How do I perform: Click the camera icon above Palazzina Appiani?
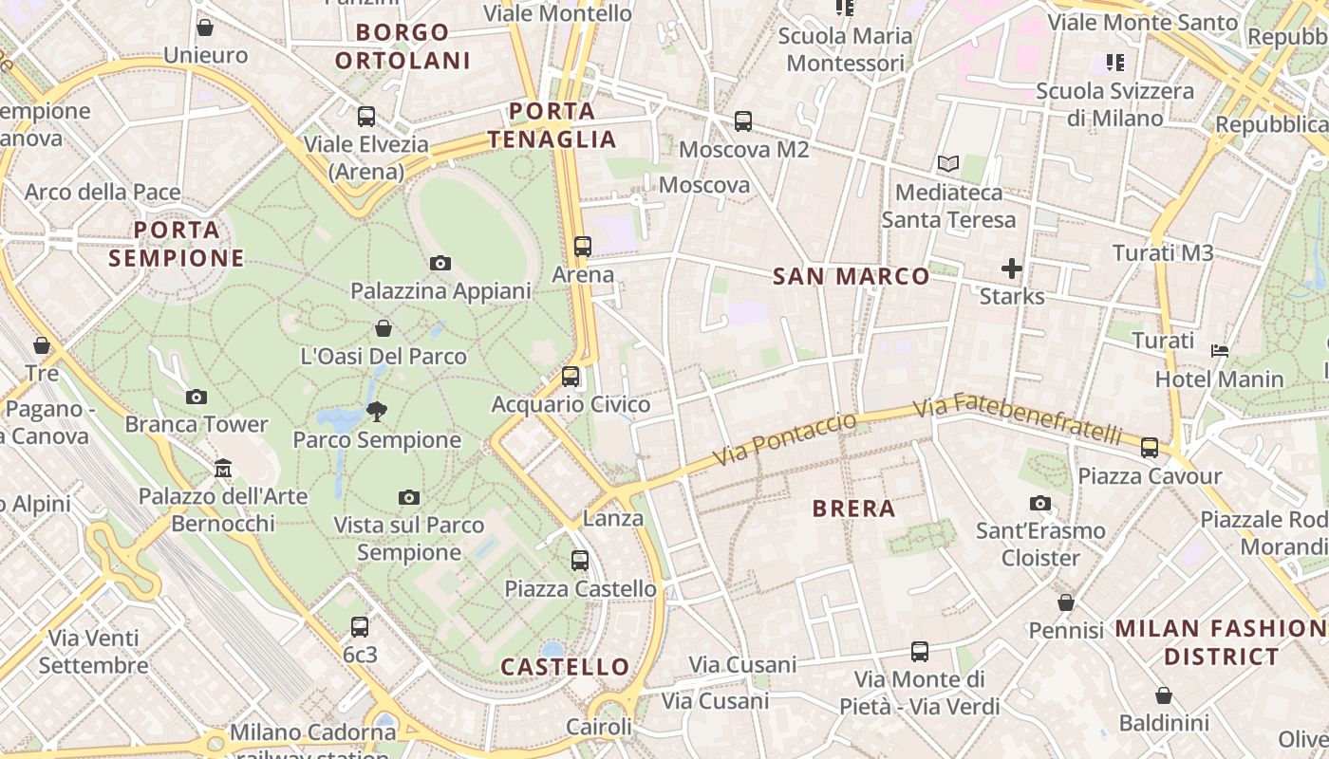tap(440, 263)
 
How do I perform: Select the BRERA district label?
tap(853, 509)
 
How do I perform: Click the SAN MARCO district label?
tap(851, 276)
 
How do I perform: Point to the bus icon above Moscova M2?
tap(742, 121)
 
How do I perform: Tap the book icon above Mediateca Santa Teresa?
tap(947, 164)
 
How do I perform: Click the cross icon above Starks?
tap(1012, 268)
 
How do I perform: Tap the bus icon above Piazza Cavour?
tap(1149, 447)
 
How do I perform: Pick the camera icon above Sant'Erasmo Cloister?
tap(1039, 503)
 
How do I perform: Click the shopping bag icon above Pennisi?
tap(1066, 602)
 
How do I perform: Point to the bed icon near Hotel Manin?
tap(1220, 350)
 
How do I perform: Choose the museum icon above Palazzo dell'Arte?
tap(223, 468)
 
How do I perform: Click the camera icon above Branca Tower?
tap(197, 396)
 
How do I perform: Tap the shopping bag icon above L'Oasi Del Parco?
tap(383, 328)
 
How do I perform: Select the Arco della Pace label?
tap(103, 192)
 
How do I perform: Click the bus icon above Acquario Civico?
tap(570, 377)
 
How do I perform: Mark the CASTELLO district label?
tap(565, 666)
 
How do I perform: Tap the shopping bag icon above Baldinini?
tap(1163, 695)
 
